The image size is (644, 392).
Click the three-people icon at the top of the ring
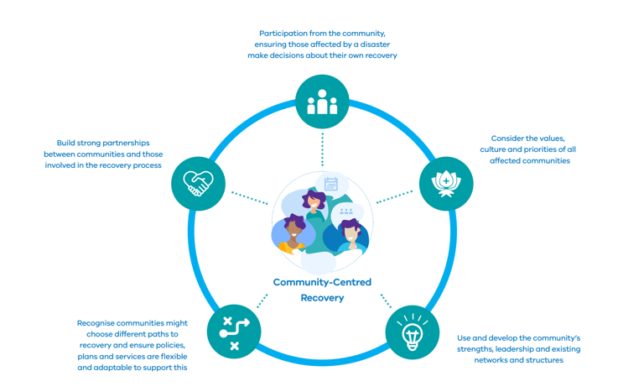(x=322, y=102)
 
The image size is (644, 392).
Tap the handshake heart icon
(x=199, y=183)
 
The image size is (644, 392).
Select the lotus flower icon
(x=446, y=183)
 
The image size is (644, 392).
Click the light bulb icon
(x=412, y=332)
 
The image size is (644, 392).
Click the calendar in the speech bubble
(x=331, y=185)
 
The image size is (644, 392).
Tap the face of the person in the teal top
(x=314, y=201)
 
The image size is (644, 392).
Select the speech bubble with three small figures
(x=345, y=212)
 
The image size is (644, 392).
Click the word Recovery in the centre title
(x=322, y=298)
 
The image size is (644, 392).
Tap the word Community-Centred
(x=322, y=282)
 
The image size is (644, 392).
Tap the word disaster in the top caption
(x=373, y=44)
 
